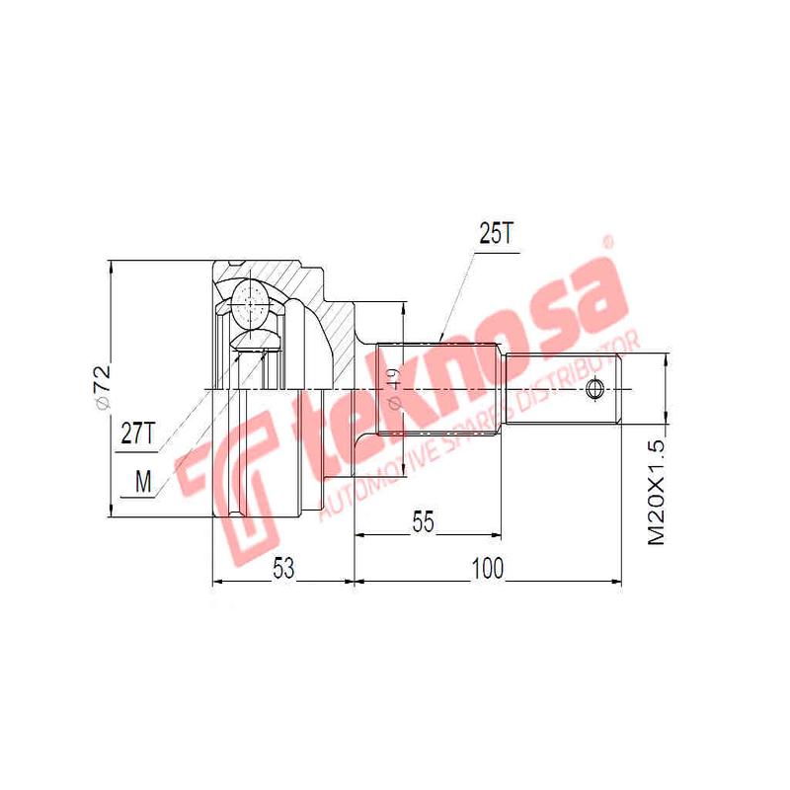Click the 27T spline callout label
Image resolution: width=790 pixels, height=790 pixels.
pos(137,434)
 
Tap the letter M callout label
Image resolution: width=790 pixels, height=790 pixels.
pos(144,481)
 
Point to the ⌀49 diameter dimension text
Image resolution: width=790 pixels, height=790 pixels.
pos(392,388)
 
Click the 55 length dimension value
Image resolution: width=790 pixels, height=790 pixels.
pos(424,523)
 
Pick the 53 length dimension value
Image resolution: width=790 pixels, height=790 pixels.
pos(284,568)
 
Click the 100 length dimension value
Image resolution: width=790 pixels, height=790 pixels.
pos(487,568)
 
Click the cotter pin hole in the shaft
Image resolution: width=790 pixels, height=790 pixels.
pos(594,388)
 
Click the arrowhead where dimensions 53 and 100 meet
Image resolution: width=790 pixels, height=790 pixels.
pos(354,582)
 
